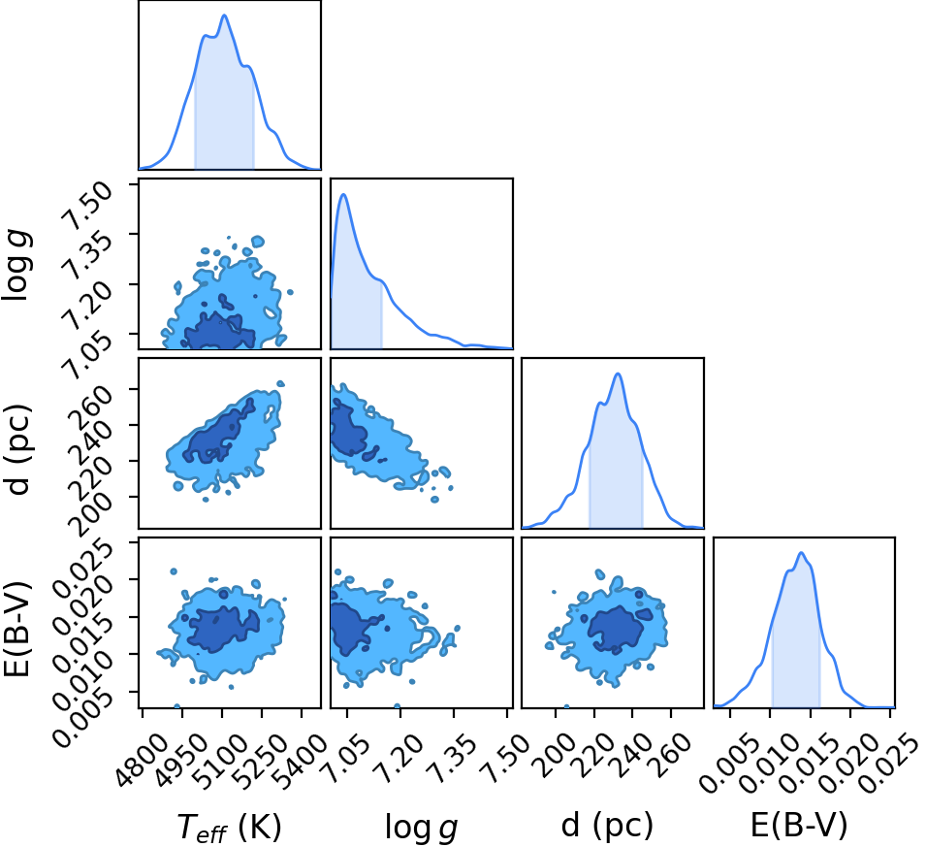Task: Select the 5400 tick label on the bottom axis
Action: (302, 761)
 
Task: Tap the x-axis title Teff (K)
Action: (230, 827)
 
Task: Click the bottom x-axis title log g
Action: (421, 828)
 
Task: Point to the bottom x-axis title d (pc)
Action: (607, 825)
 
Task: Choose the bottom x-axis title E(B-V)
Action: (799, 825)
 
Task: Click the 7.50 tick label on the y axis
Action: (88, 206)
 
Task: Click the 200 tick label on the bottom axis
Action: (554, 755)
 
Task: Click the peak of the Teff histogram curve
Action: (224, 15)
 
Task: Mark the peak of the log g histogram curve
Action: (343, 194)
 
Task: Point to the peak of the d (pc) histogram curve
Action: (618, 374)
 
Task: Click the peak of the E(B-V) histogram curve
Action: (801, 553)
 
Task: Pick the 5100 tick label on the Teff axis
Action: (222, 761)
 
